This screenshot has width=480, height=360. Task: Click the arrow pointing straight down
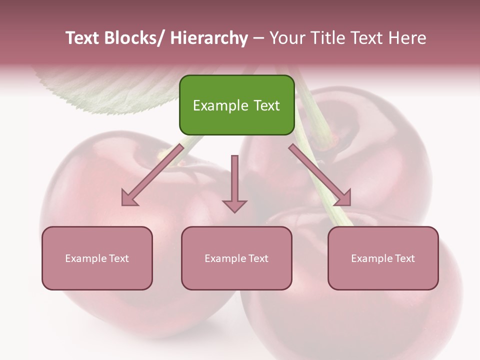point(234,182)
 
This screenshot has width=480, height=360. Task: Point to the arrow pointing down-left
point(152,175)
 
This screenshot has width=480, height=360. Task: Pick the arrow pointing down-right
point(320,175)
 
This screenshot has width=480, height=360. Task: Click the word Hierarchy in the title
point(209,38)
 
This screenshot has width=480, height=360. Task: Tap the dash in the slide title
point(258,38)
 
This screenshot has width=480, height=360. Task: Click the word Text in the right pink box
point(404,258)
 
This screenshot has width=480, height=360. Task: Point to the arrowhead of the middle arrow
point(234,205)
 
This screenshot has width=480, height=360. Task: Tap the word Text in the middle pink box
point(258,258)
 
